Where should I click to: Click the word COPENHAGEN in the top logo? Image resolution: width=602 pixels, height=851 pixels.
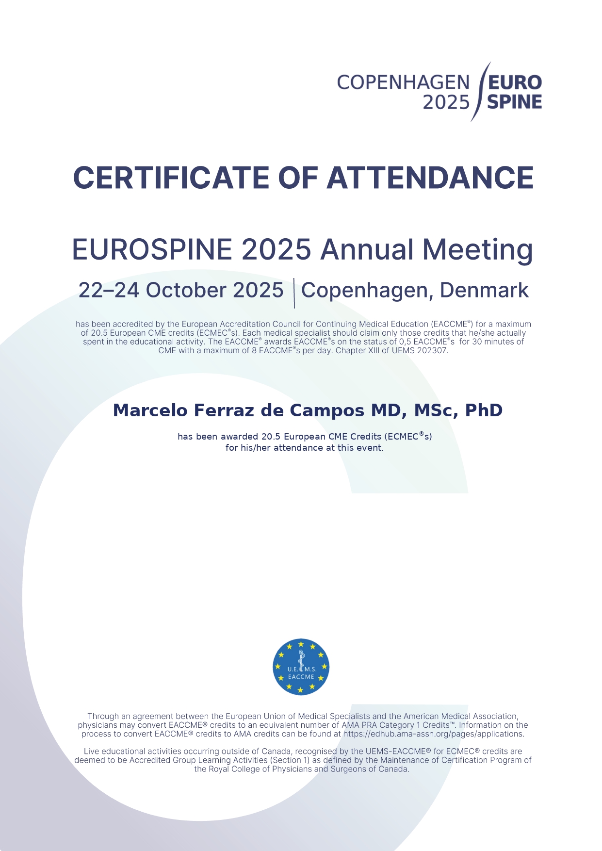point(403,83)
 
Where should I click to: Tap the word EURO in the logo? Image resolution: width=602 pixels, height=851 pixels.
point(515,83)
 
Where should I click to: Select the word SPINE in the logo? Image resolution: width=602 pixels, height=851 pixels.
point(515,102)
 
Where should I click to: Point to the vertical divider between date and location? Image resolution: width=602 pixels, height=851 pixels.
point(294,293)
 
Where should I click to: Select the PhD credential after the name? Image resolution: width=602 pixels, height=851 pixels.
point(484,410)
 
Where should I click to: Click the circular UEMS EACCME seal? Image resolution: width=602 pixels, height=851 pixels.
point(301,667)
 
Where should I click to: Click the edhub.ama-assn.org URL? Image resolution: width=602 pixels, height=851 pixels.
point(433,734)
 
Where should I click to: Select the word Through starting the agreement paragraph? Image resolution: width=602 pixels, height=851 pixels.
point(103,716)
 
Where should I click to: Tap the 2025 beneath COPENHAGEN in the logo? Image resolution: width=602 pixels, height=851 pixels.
point(446,102)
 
